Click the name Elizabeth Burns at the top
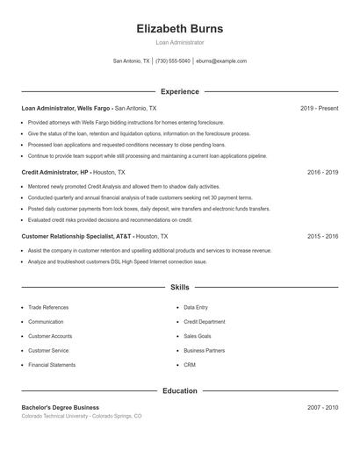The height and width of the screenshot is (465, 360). point(179,28)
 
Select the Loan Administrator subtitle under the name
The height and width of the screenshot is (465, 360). point(179,42)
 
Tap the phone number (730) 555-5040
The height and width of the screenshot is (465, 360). point(173,61)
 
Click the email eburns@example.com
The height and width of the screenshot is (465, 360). point(221,61)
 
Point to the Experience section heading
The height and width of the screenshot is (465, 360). point(179,91)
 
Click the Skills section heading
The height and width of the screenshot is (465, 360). point(179,287)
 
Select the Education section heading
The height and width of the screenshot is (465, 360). point(179,390)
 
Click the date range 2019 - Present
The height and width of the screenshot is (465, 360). point(319,108)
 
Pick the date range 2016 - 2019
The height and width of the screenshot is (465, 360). point(322,173)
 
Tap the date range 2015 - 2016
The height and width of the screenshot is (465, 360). point(322,236)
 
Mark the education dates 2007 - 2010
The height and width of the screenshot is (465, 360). point(322,407)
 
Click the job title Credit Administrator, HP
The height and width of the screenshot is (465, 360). point(55,173)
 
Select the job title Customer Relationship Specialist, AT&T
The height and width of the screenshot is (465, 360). point(76,236)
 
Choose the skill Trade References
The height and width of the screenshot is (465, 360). point(48,308)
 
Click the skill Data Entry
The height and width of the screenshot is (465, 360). point(196,308)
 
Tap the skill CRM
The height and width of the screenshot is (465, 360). point(190,364)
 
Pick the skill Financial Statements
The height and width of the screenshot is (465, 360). point(52,364)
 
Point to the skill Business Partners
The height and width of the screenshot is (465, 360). point(204,350)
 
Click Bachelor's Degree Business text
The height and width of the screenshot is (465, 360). point(61,407)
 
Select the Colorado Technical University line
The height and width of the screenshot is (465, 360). point(81,416)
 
